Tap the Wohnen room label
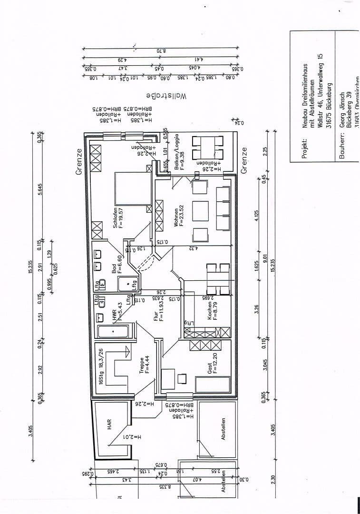[x=176, y=218]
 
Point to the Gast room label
[x=210, y=368]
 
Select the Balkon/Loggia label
[x=176, y=149]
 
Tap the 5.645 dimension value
[x=40, y=190]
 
